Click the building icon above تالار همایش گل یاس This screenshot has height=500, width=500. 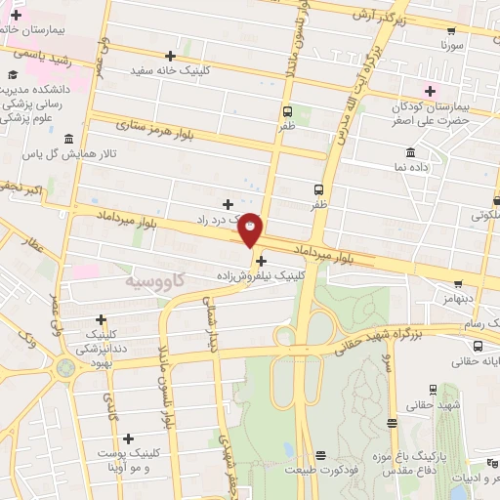pos(67,139)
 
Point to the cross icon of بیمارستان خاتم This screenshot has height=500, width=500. pos(17,16)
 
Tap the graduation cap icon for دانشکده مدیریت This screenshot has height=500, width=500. pos(15,74)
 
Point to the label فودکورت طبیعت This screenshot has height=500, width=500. pos(323,470)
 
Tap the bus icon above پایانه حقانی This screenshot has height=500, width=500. pos(477,347)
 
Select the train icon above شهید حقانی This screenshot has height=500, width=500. pos(392,423)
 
